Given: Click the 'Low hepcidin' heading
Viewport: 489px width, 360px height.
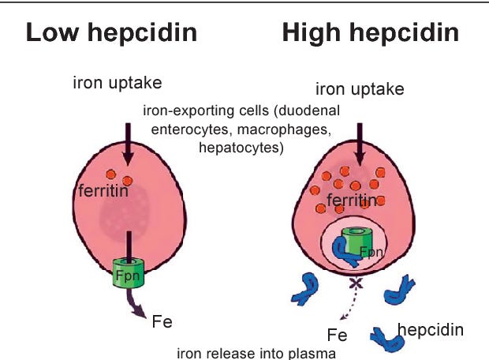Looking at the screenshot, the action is pyautogui.click(x=111, y=34).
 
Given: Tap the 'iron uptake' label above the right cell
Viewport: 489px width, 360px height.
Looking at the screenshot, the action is pyautogui.click(x=360, y=88).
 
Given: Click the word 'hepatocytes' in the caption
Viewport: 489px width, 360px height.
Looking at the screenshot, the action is pyautogui.click(x=242, y=147).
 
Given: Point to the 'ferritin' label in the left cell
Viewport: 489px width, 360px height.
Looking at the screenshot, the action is pyautogui.click(x=103, y=191).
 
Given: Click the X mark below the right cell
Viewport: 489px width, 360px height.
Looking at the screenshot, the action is pyautogui.click(x=356, y=282).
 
